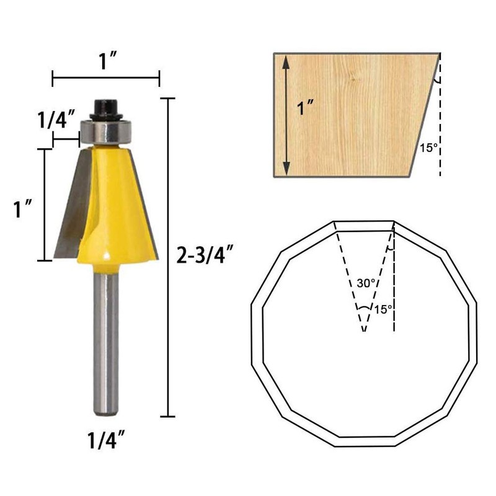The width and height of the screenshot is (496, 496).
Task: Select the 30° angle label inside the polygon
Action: point(366,283)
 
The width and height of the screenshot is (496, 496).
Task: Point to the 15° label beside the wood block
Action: point(428,148)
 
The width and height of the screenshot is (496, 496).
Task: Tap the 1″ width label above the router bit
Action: point(106,62)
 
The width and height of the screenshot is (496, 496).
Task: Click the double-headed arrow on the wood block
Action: point(286,115)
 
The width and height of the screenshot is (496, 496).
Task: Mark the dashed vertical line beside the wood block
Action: point(440,124)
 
